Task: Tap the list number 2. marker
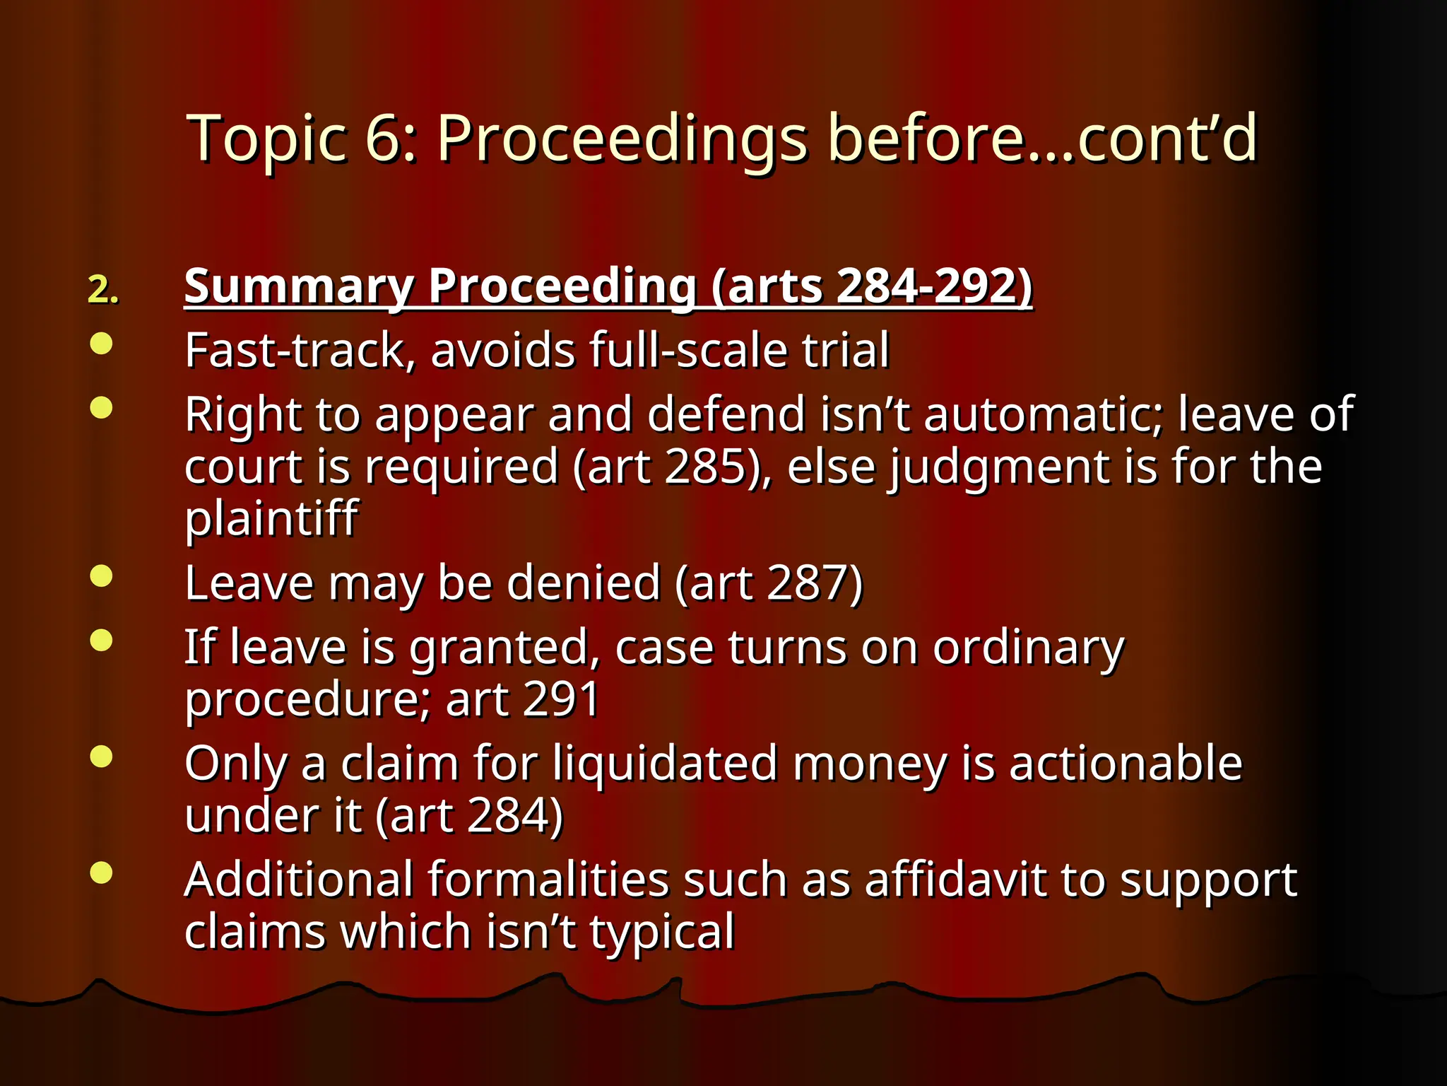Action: (103, 290)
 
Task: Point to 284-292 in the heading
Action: (928, 286)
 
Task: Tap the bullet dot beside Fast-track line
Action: (102, 344)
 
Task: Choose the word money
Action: (870, 765)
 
